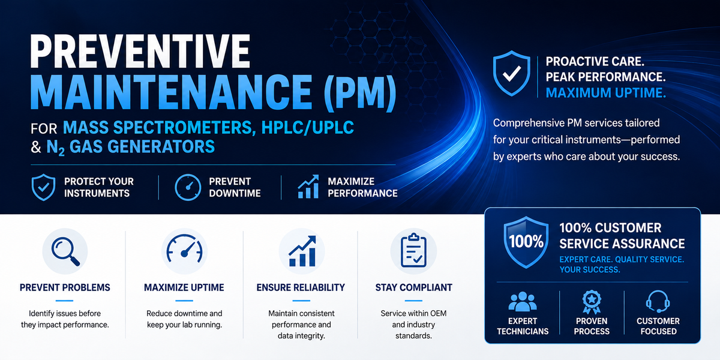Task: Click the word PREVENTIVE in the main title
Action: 140,51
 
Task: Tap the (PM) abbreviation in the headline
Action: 360,92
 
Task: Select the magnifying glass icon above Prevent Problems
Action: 65,251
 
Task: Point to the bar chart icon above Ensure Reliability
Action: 302,251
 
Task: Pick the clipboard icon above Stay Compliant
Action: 413,251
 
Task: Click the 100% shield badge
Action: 526,242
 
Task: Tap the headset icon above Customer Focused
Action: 658,301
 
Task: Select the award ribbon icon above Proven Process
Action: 592,302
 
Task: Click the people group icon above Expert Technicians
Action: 523,301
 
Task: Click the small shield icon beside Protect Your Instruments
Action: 43,187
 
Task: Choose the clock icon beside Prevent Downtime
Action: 188,187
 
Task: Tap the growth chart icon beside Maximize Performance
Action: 308,187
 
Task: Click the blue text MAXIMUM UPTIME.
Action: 605,93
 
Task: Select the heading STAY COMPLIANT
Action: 413,287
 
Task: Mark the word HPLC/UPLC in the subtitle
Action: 308,127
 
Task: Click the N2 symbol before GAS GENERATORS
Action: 55,148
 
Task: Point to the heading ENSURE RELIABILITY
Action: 301,287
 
